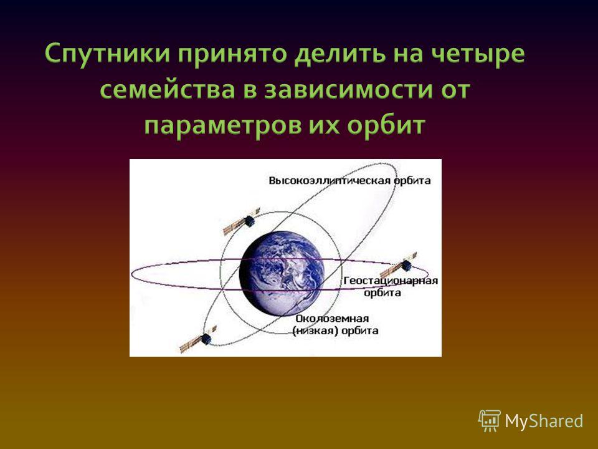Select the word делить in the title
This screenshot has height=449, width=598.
click(x=342, y=54)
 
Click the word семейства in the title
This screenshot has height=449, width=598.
click(x=167, y=90)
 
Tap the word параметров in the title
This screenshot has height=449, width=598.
click(x=223, y=126)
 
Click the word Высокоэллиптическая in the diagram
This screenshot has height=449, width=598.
click(x=330, y=181)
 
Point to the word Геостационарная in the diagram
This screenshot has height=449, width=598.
click(x=391, y=281)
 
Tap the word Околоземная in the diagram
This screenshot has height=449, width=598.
click(x=332, y=319)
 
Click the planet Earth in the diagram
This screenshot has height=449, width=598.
click(x=282, y=273)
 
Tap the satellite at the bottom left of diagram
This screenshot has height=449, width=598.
click(x=198, y=339)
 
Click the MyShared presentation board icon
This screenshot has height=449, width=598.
click(x=490, y=421)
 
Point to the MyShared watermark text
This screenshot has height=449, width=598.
click(x=544, y=421)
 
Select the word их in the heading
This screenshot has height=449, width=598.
click(x=324, y=127)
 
